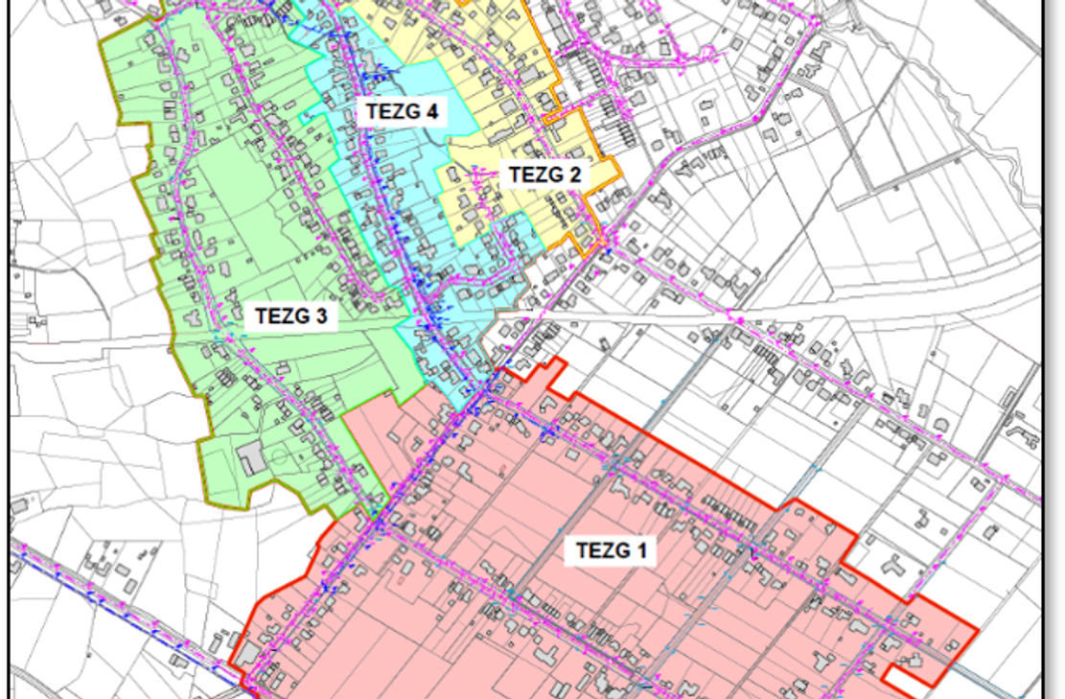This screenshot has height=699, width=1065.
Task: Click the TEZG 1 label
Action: tap(611, 551)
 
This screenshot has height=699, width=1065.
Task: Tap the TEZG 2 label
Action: tap(544, 175)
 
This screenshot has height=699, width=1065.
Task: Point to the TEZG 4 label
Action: tap(402, 112)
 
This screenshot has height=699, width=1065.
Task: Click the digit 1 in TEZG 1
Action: tap(641, 551)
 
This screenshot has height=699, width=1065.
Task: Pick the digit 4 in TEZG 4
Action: tap(432, 112)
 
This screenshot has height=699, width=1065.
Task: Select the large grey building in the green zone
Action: tap(252, 458)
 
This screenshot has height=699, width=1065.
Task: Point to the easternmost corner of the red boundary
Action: tap(977, 631)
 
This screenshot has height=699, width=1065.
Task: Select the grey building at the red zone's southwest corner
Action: tap(247, 653)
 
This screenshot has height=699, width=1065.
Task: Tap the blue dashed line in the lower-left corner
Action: tap(115, 604)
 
